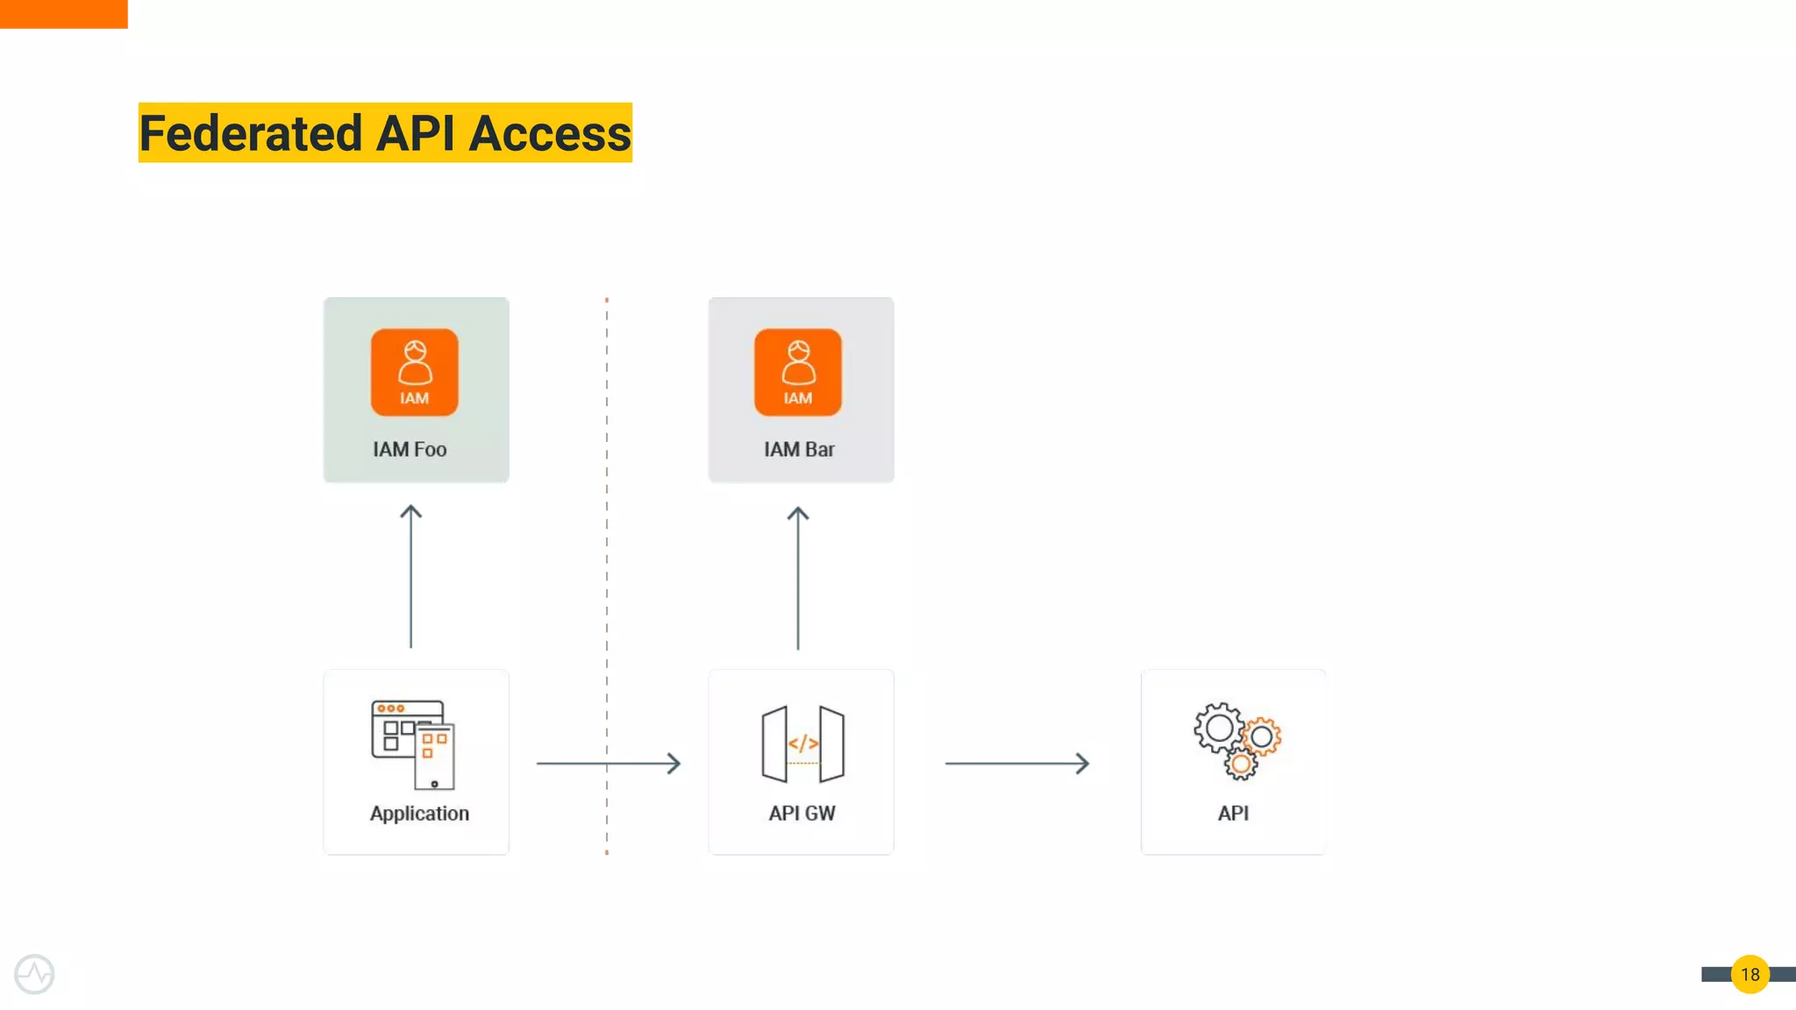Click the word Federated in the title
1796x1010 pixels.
(x=251, y=133)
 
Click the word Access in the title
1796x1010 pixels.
(x=549, y=133)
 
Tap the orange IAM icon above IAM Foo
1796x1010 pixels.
(x=414, y=372)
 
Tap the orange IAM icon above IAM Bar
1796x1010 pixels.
(x=797, y=372)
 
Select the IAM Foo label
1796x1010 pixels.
(x=410, y=449)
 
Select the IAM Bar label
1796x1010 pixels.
(x=799, y=449)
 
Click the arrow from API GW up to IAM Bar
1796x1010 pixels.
(x=797, y=578)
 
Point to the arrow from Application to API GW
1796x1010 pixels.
(x=609, y=763)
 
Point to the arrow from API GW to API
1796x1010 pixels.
(x=1016, y=763)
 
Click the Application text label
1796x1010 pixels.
(x=419, y=813)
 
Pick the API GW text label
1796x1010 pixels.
(x=802, y=813)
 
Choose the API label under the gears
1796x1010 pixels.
(x=1233, y=813)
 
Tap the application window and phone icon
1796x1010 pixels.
(x=413, y=743)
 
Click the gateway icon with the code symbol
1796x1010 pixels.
(x=802, y=743)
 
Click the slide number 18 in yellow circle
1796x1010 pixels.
(x=1750, y=974)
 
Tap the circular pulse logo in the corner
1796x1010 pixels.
(x=34, y=974)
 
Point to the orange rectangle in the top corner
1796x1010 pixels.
(x=63, y=13)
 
